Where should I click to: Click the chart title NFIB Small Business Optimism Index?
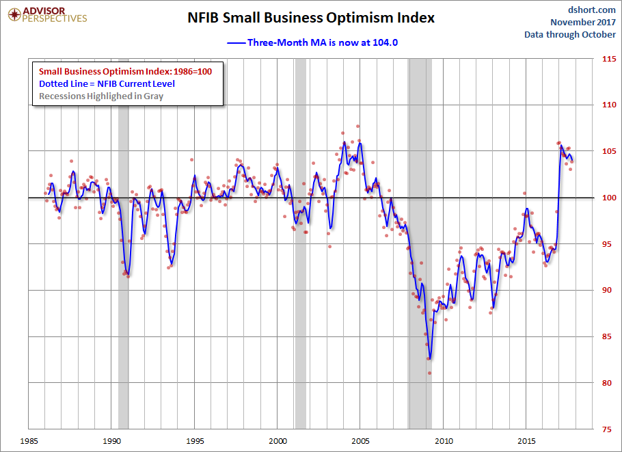[x=311, y=18]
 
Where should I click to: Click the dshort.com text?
[x=592, y=10]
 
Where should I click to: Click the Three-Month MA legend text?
[x=323, y=42]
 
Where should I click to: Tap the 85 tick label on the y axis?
[x=606, y=336]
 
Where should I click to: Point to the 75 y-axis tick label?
[x=606, y=429]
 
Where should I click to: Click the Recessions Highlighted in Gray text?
[x=101, y=96]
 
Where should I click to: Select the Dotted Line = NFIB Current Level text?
[x=107, y=83]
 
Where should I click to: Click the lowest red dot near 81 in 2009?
[x=429, y=373]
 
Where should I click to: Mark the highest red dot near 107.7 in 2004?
[x=357, y=127]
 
